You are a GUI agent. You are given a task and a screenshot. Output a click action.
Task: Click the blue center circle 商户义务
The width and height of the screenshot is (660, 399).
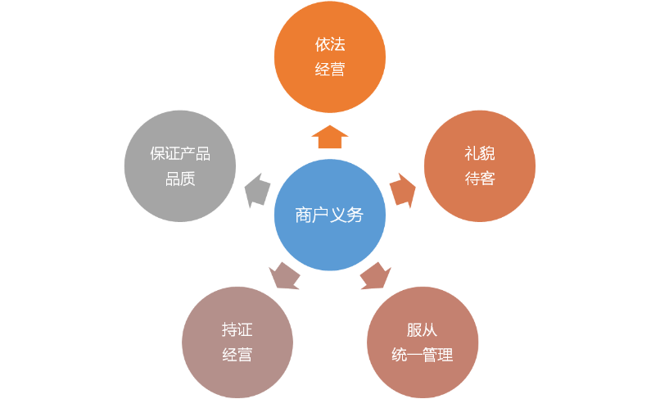[329, 215]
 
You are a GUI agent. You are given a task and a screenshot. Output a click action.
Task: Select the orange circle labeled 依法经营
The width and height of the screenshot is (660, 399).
[329, 57]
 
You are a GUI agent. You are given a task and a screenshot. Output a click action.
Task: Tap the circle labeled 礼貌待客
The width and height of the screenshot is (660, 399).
[479, 166]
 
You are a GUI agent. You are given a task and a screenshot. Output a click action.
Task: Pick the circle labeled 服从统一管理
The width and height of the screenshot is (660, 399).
[423, 342]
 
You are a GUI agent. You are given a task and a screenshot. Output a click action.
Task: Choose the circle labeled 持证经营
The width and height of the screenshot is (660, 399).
[237, 342]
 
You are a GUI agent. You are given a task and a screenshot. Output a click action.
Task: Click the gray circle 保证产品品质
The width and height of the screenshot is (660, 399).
[179, 166]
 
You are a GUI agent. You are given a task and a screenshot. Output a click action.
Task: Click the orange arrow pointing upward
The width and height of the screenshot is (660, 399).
[329, 137]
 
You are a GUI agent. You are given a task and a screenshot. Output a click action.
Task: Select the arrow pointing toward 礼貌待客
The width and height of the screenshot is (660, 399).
[403, 190]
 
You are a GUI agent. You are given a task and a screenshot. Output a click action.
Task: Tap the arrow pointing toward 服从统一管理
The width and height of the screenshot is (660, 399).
[376, 276]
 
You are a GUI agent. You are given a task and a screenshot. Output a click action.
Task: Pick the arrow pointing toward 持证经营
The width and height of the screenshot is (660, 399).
[284, 276]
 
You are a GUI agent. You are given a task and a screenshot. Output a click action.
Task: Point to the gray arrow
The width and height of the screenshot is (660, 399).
[257, 190]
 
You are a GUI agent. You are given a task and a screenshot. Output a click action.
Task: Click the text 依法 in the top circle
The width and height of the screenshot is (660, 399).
[330, 44]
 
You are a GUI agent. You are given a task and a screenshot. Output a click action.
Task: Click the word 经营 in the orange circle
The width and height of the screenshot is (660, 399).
[330, 69]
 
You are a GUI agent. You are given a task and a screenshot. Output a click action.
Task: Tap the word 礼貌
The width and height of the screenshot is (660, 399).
[480, 153]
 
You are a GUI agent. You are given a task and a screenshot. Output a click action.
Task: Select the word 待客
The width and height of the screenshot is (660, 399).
[480, 179]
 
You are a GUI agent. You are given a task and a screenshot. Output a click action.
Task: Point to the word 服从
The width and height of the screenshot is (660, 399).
[423, 330]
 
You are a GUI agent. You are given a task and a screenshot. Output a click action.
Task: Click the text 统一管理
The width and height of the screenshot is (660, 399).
[423, 355]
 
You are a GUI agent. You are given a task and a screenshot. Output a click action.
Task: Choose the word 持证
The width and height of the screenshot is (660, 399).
[237, 329]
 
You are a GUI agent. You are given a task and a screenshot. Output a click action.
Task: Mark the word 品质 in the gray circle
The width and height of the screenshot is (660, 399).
[180, 179]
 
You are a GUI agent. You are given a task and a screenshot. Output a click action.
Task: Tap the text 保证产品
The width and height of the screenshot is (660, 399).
[180, 153]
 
